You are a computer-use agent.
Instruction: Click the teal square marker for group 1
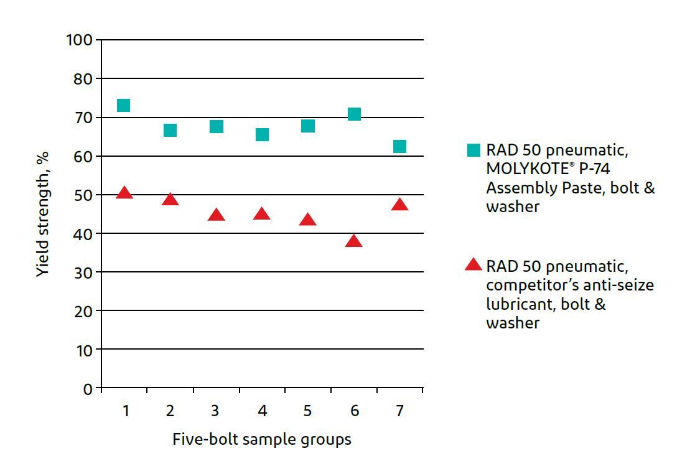(123, 105)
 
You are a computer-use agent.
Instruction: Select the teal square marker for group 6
(354, 114)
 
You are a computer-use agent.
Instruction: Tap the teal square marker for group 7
(399, 146)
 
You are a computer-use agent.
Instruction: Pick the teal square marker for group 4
(262, 134)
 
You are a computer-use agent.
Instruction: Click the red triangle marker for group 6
(354, 241)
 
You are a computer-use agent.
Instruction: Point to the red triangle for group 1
(124, 193)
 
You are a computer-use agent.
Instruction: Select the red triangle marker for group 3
(216, 215)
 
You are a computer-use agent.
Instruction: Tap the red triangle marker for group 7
(399, 205)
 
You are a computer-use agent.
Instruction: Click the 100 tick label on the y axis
(80, 40)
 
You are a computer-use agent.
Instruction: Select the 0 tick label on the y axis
(88, 389)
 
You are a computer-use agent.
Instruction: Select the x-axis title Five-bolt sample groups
(261, 440)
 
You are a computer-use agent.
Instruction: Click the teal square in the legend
(473, 150)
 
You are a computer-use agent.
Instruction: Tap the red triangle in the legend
(473, 265)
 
